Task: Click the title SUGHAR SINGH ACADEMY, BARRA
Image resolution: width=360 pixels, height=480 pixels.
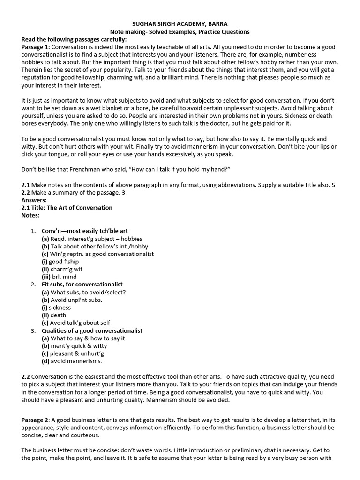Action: [x=180, y=24]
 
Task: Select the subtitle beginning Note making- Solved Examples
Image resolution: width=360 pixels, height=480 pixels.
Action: [x=180, y=32]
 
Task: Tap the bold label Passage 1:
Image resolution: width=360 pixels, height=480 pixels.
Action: [x=36, y=47]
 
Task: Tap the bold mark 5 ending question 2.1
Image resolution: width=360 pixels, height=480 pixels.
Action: [x=333, y=185]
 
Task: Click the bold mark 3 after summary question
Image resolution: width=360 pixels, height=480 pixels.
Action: [x=123, y=192]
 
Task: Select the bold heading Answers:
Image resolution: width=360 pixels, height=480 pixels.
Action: [x=34, y=200]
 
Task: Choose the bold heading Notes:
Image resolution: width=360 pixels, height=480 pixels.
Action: [x=31, y=215]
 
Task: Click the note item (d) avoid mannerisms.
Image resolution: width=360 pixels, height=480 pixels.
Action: [x=72, y=361]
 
